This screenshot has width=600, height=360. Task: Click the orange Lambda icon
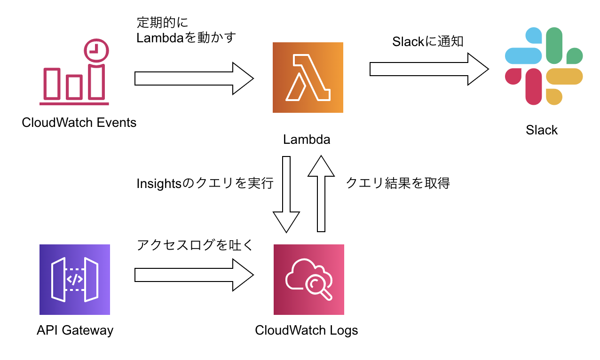tap(308, 78)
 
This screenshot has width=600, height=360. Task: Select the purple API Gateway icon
tap(75, 280)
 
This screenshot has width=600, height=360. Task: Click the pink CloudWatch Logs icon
tap(308, 280)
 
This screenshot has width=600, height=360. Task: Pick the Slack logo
tap(544, 66)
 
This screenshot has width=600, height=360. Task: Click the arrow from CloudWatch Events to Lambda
tap(194, 78)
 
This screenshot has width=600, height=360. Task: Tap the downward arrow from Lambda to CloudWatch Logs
tap(286, 195)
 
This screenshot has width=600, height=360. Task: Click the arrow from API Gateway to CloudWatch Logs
tap(194, 275)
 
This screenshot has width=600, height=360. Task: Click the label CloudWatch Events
tap(79, 123)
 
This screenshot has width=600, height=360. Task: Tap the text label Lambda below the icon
tap(307, 140)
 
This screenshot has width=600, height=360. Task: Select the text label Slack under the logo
tap(542, 130)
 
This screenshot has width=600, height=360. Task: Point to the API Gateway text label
tap(75, 330)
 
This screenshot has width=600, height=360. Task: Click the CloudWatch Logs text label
tap(307, 330)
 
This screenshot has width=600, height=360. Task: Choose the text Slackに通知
tap(428, 42)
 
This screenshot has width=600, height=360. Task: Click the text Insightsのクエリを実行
tap(205, 183)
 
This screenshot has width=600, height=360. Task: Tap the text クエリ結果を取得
tap(398, 183)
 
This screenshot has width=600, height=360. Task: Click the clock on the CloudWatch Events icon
tap(96, 49)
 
